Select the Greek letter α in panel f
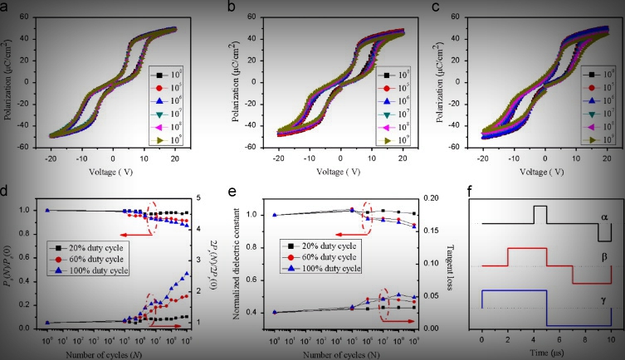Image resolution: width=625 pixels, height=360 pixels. click(x=604, y=216)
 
